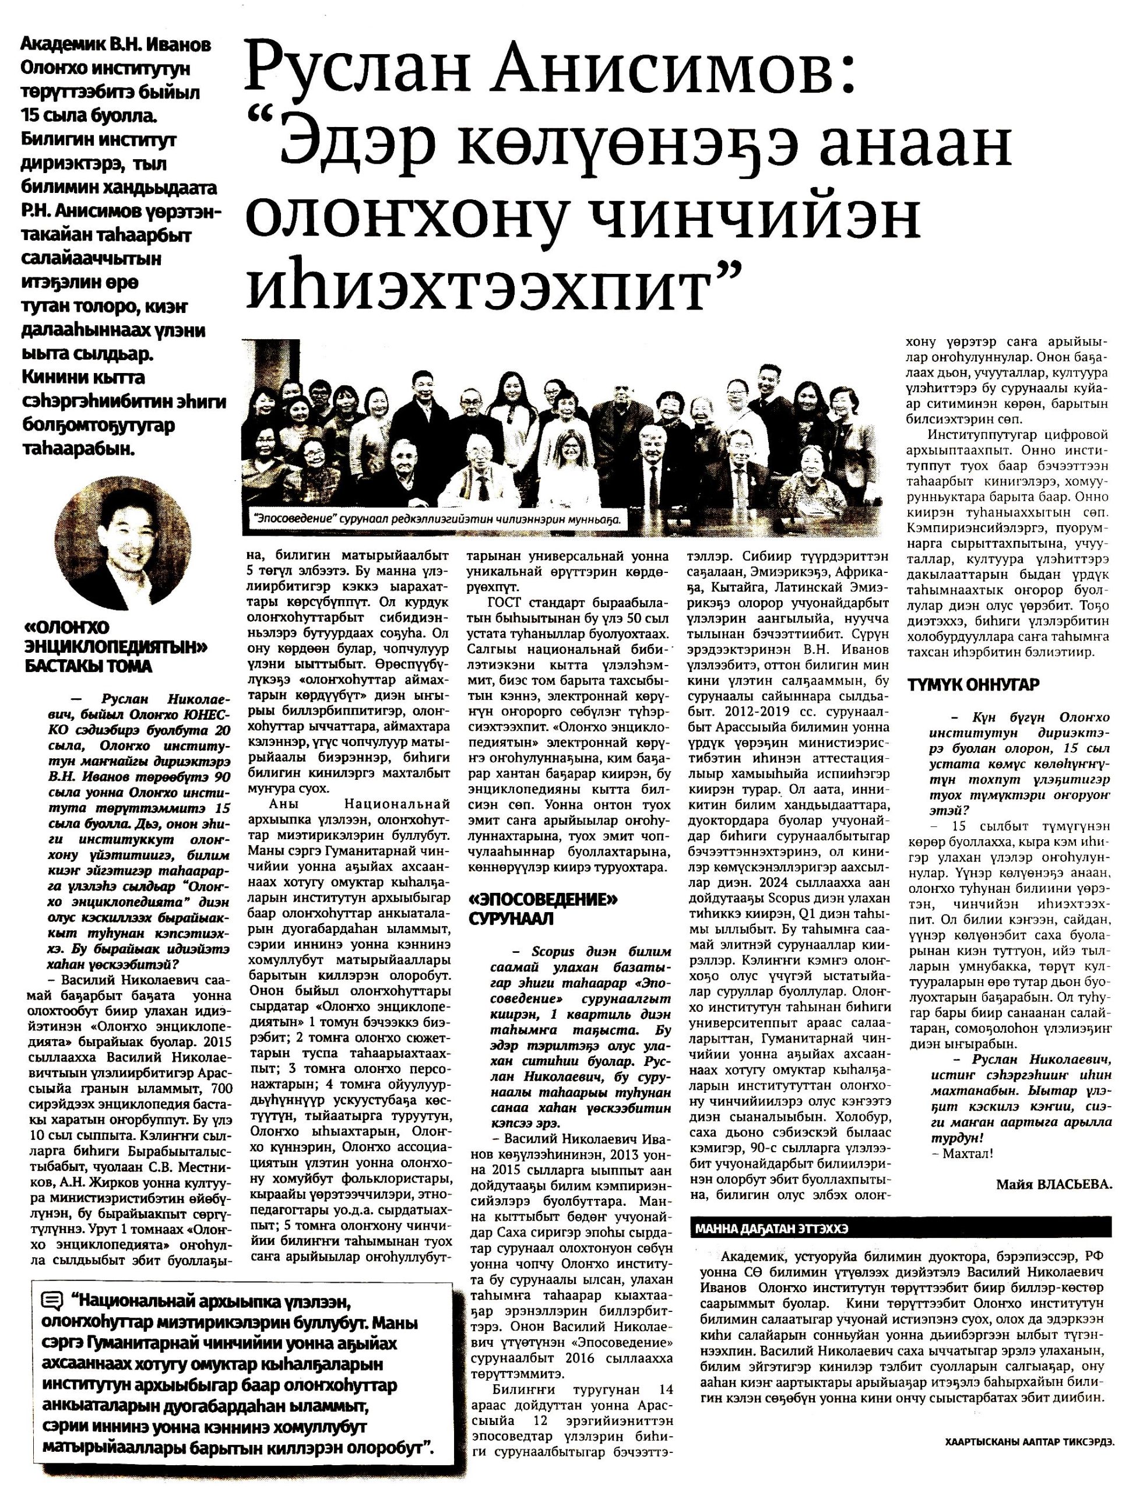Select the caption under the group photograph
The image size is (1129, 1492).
click(x=437, y=520)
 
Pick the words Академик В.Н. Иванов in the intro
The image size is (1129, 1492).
click(x=116, y=45)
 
